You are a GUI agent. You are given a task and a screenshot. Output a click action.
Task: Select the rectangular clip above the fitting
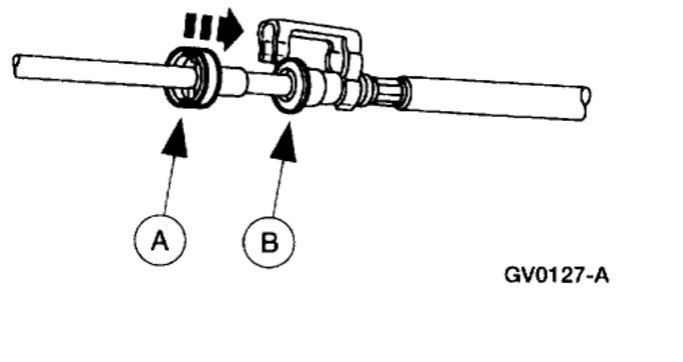pos(310,45)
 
